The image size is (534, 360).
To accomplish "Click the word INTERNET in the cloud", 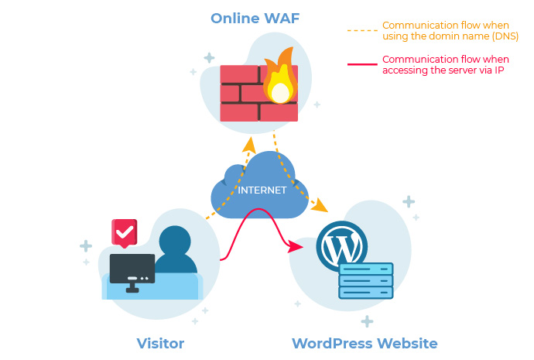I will pyautogui.click(x=262, y=190).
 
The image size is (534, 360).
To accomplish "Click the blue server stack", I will pyautogui.click(x=366, y=280).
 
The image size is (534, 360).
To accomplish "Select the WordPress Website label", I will pyautogui.click(x=365, y=343).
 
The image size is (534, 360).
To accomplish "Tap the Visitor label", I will pyautogui.click(x=160, y=343).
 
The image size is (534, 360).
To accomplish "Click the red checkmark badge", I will pyautogui.click(x=124, y=231).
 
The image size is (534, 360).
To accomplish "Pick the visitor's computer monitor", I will pyautogui.click(x=132, y=268).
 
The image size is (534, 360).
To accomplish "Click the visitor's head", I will pyautogui.click(x=175, y=241).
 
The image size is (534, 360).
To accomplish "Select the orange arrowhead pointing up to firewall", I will pyautogui.click(x=249, y=146).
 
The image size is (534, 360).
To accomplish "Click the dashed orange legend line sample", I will pyautogui.click(x=361, y=31).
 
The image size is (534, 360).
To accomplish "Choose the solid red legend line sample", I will pyautogui.click(x=361, y=64).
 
